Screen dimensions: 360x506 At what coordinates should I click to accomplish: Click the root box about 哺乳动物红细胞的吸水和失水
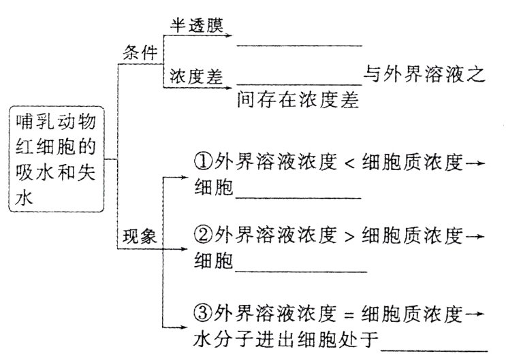[x=58, y=158]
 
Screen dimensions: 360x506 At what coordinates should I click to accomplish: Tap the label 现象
[x=140, y=237]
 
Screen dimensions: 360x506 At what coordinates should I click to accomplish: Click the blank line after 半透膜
[x=300, y=45]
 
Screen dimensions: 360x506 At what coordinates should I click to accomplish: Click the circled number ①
[x=203, y=163]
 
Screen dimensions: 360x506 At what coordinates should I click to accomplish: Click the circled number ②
[x=203, y=235]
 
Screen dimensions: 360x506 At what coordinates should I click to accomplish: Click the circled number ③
[x=203, y=314]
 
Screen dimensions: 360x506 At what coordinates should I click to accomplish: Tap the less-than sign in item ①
[x=347, y=163]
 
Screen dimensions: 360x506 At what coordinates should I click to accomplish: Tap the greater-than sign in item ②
[x=347, y=235]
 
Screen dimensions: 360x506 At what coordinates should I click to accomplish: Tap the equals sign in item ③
[x=347, y=315]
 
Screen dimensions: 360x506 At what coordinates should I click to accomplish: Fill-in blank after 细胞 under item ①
[x=297, y=197]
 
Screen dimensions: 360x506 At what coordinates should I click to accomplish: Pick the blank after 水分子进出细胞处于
[x=434, y=349]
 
